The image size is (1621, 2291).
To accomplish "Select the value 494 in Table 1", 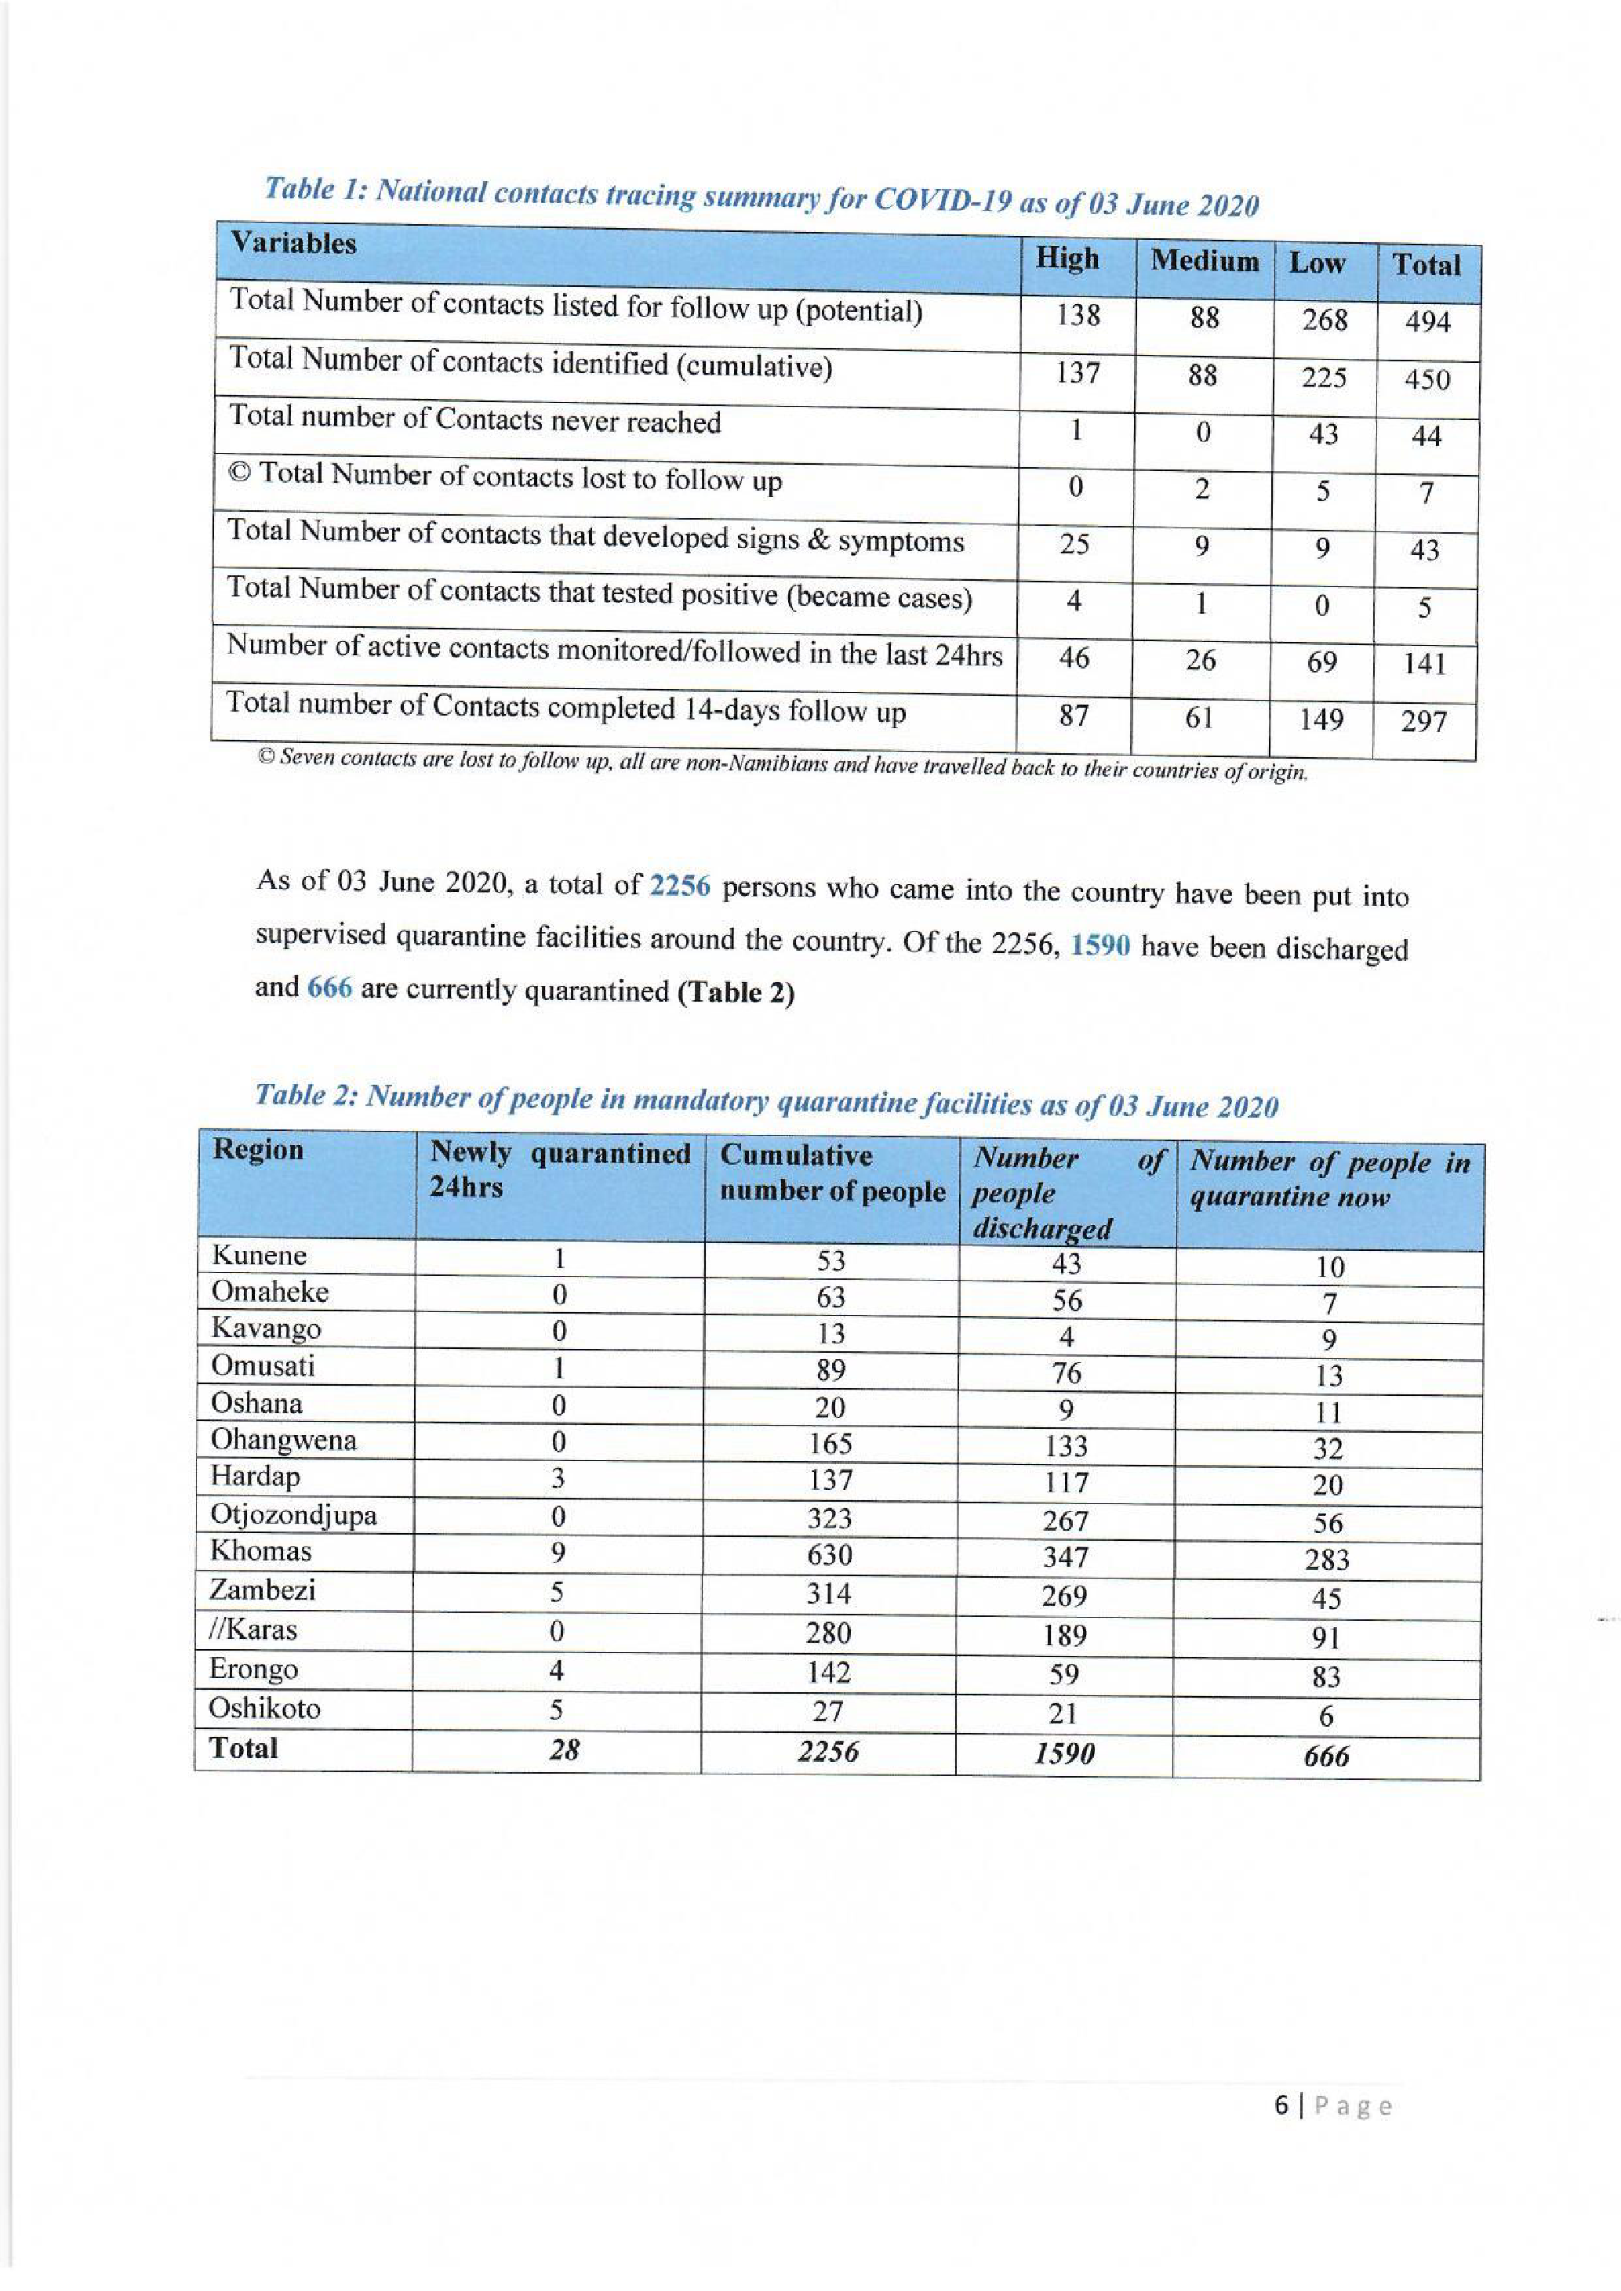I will (1427, 322).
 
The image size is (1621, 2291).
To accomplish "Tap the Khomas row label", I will (260, 1550).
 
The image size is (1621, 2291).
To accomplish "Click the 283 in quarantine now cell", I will (1327, 1560).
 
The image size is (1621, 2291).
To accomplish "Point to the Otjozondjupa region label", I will (293, 1515).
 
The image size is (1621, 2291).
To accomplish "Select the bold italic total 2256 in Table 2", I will (827, 1751).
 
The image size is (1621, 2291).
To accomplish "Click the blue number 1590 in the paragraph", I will (1100, 945).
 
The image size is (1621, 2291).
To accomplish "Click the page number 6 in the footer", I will (1281, 2106).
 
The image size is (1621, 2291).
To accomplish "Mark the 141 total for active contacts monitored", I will (1423, 664).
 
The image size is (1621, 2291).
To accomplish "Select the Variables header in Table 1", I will (293, 244).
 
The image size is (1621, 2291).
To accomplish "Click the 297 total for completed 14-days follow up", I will (1423, 720).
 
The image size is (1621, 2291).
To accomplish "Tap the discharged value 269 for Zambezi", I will (1064, 1597).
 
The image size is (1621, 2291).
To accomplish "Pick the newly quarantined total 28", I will (564, 1748).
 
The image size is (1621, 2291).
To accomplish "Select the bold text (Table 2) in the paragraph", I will (736, 994).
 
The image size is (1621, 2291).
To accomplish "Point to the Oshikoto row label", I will (264, 1709).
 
